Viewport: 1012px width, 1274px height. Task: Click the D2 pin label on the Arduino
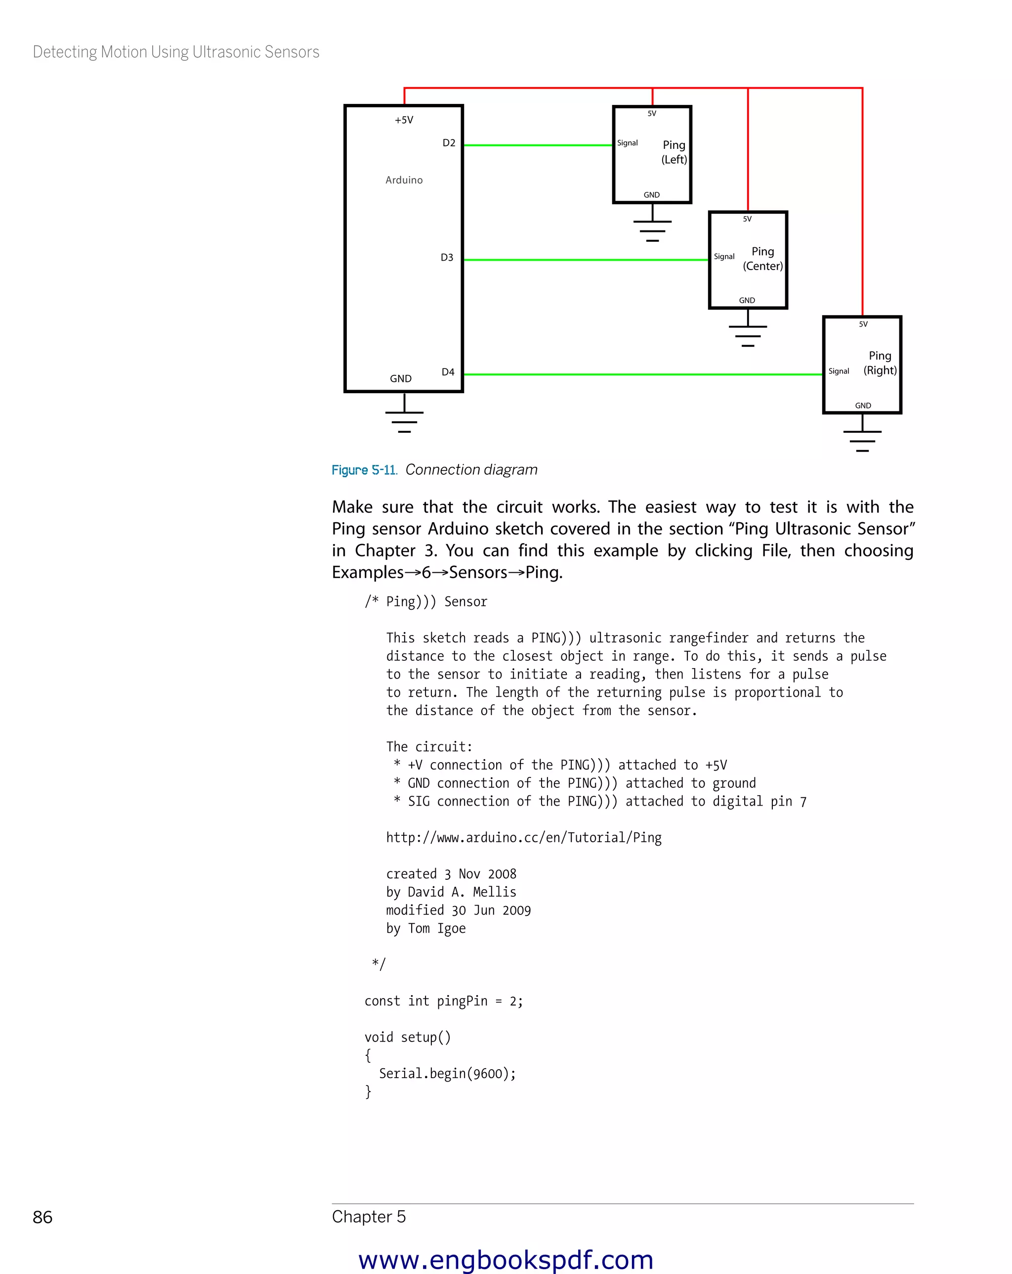(x=449, y=143)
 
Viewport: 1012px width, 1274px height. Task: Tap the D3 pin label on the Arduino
(x=447, y=258)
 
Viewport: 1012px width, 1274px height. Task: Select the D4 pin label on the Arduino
(x=448, y=372)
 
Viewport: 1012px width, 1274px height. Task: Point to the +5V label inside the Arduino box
(x=404, y=120)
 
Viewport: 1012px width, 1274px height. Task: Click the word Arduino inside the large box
(x=404, y=180)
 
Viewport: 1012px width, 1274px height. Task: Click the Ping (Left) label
(x=674, y=152)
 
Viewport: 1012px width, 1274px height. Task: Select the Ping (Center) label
(x=763, y=259)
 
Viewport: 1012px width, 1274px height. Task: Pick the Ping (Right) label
(x=880, y=363)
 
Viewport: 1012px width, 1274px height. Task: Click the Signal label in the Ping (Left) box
(x=627, y=143)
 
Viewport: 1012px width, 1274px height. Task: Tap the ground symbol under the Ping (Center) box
(x=748, y=333)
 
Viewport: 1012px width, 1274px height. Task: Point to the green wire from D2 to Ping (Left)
(x=537, y=145)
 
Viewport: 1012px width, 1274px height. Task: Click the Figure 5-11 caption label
(x=364, y=470)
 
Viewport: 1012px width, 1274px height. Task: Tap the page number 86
(x=42, y=1217)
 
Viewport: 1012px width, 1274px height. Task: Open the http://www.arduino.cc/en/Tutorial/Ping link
(x=524, y=838)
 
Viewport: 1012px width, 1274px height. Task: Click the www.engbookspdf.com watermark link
(x=506, y=1260)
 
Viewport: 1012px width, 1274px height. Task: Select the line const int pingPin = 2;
(x=443, y=1001)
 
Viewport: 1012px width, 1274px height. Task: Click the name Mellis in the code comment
(x=494, y=892)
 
